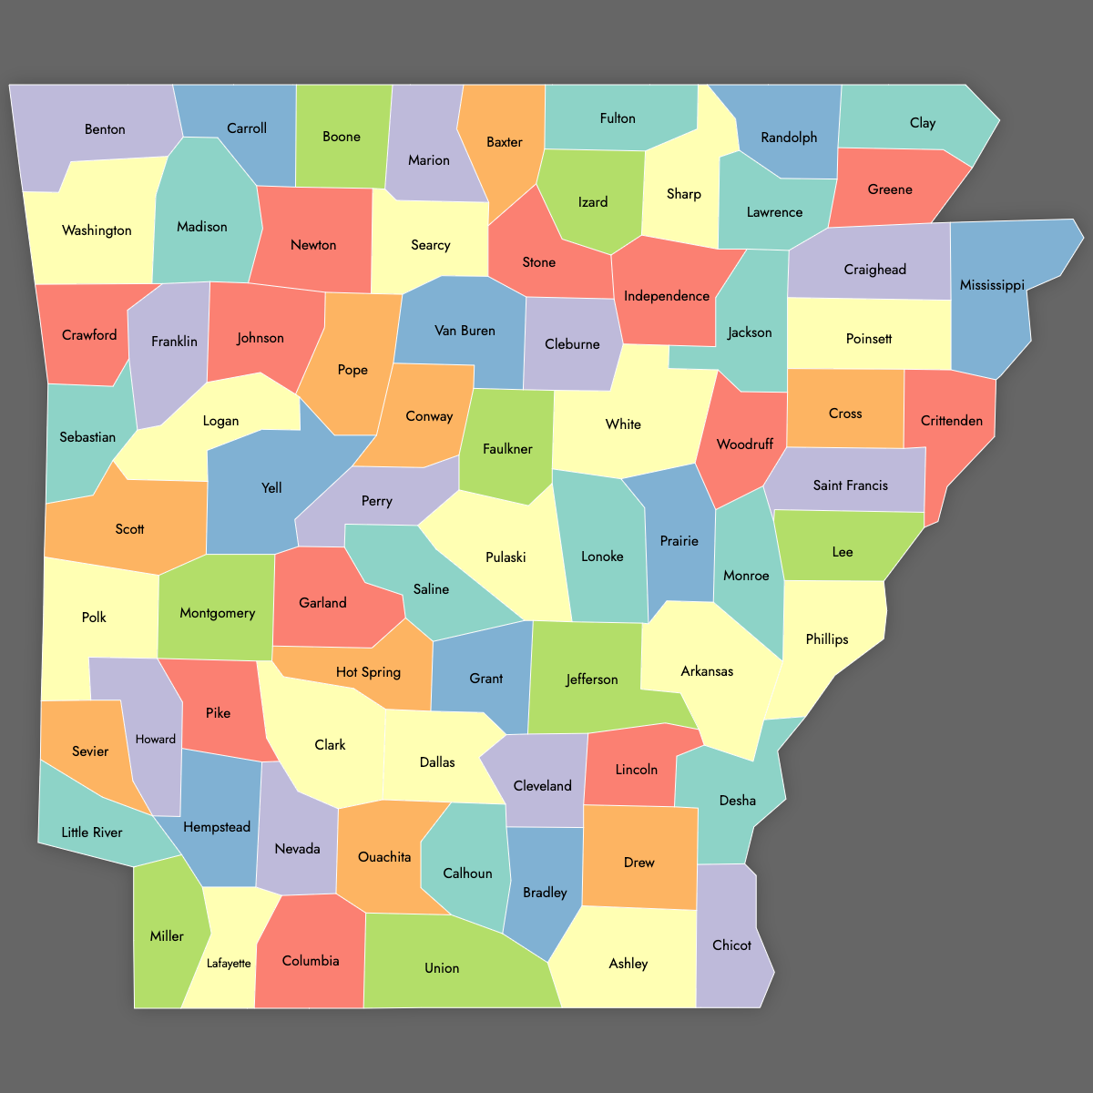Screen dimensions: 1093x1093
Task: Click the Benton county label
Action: click(x=105, y=129)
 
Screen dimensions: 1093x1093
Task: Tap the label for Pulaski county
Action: click(x=506, y=557)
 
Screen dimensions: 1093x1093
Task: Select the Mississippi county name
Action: click(x=992, y=285)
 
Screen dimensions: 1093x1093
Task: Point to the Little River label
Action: click(x=92, y=833)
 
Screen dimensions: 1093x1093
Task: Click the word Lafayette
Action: click(x=229, y=964)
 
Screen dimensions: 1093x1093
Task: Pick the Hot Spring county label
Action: click(x=368, y=672)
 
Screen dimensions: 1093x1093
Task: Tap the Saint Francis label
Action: click(x=850, y=485)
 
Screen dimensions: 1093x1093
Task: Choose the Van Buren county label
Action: click(x=465, y=331)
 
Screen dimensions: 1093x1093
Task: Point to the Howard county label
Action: click(x=156, y=740)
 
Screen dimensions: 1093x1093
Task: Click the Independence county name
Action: click(x=667, y=296)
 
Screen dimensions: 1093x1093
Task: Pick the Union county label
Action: click(x=442, y=968)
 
